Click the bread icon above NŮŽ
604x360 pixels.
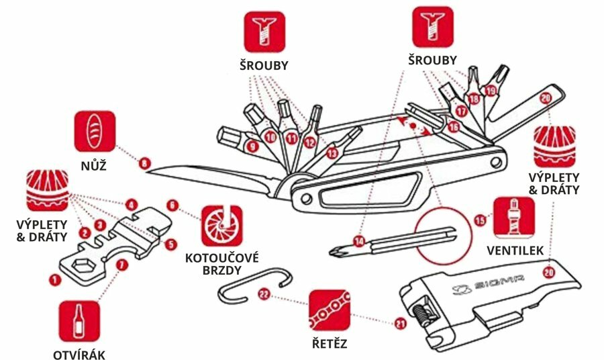95,131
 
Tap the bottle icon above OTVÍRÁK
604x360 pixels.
79,321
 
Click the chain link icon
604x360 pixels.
329,309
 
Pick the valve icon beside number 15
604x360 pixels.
513,218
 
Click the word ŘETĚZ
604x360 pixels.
329,344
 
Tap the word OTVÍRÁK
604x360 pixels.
79,355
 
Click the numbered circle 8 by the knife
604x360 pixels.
143,162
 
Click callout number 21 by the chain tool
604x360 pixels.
401,323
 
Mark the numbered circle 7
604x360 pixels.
121,265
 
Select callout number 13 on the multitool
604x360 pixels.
331,153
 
